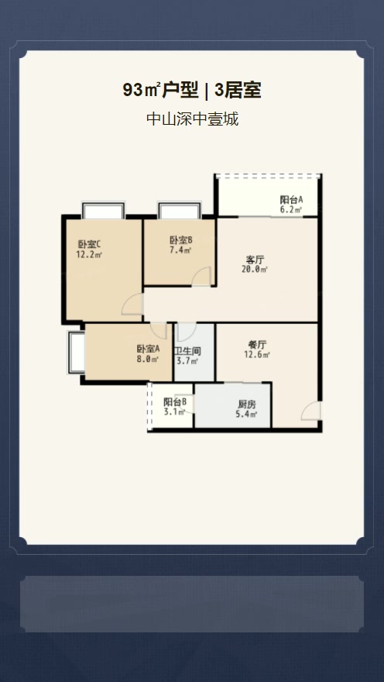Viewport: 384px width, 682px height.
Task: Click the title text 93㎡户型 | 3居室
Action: click(192, 91)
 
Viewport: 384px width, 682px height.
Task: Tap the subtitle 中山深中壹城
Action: click(193, 119)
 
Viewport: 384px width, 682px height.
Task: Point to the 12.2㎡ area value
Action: click(89, 254)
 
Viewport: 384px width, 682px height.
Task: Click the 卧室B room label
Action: click(181, 240)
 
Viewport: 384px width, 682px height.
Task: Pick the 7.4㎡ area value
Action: click(180, 250)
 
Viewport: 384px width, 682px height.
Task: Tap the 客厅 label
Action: click(255, 260)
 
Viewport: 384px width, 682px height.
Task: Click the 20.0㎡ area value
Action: click(255, 269)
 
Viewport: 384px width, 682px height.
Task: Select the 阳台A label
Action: click(291, 200)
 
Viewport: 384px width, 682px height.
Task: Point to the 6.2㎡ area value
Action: click(291, 210)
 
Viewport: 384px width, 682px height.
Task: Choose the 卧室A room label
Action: click(149, 349)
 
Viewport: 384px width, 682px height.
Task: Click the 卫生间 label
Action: click(187, 351)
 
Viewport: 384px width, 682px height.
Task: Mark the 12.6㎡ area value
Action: click(257, 354)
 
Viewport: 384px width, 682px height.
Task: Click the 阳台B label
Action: click(175, 402)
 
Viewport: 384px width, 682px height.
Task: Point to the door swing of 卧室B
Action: click(202, 277)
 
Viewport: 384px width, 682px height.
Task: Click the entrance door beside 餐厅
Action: click(311, 411)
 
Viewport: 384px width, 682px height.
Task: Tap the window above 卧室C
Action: click(104, 211)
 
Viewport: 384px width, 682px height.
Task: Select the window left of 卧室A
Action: click(76, 352)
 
